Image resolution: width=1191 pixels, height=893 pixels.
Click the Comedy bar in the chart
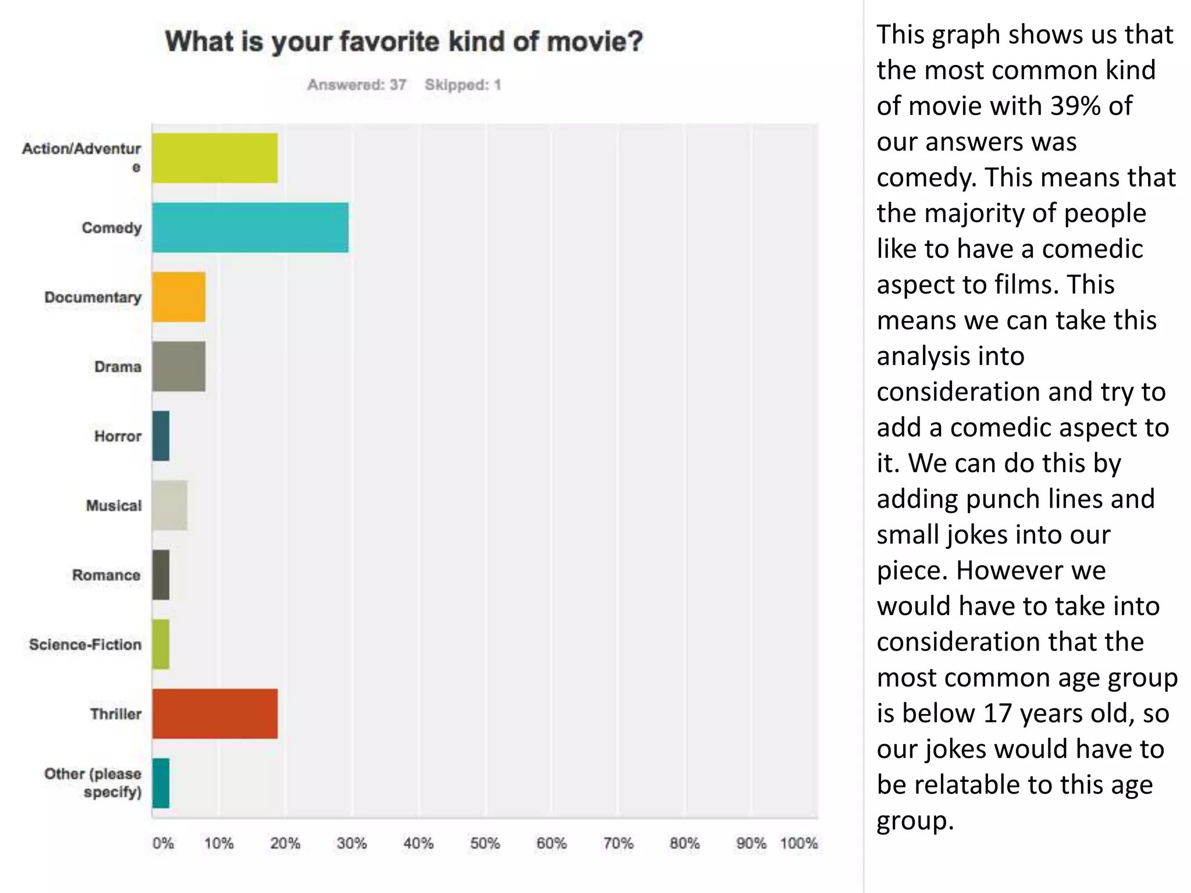coord(250,228)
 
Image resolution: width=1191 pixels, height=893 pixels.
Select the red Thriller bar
coord(215,714)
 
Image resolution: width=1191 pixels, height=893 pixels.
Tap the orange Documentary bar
coord(179,297)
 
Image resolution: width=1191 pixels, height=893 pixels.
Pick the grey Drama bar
coord(179,366)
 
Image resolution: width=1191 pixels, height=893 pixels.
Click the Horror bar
coord(161,436)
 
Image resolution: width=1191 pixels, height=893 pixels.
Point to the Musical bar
coord(170,505)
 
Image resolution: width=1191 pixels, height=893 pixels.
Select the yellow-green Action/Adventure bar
coord(215,158)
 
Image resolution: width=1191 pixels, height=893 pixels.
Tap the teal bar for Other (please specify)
coord(161,783)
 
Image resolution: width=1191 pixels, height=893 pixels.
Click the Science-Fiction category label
coord(85,644)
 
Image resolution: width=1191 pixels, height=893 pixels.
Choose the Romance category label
coord(106,575)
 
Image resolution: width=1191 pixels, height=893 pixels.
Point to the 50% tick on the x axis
coord(485,843)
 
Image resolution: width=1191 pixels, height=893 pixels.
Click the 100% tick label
coord(798,843)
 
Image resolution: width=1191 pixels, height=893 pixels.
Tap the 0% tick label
coord(163,843)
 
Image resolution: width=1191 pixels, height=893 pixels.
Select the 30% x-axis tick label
coord(352,843)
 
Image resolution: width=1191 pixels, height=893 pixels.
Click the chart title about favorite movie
coord(404,41)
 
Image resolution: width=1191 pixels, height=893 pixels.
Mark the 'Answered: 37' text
coord(356,85)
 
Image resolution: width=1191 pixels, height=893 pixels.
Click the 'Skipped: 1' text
coord(463,85)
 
